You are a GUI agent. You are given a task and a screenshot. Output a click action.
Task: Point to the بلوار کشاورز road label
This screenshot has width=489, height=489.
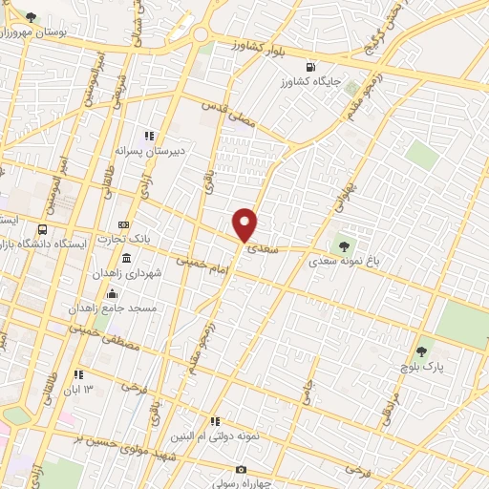266,45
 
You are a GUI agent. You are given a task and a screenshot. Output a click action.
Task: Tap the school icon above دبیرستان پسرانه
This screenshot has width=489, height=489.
148,136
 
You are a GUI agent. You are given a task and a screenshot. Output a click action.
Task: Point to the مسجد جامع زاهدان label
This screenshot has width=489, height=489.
108,309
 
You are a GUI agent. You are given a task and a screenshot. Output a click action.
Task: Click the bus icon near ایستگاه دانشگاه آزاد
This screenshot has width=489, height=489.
42,230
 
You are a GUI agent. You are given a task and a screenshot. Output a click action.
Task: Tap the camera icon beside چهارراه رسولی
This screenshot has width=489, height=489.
241,470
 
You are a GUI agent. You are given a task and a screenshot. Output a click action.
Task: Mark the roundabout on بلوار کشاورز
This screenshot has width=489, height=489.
202,34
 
